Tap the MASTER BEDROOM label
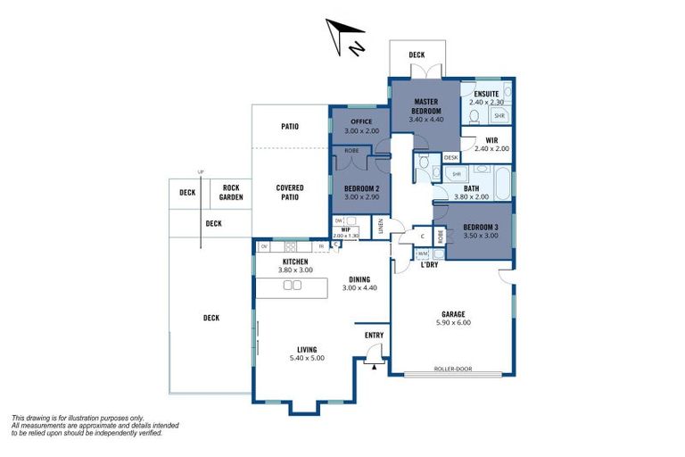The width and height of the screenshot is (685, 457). point(425,106)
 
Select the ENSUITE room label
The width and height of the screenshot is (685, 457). point(486,94)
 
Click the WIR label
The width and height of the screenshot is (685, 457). point(491,140)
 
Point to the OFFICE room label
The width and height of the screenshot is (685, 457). point(360,121)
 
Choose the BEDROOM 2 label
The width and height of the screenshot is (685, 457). point(362,187)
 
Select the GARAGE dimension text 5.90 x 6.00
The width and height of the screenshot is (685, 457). point(455,322)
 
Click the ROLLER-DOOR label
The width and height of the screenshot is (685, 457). point(452,368)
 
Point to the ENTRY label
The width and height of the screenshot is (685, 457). point(375,335)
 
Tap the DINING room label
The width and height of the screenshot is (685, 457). point(360,279)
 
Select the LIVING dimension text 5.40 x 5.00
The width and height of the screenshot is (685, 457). point(307,358)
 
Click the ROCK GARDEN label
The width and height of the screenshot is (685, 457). point(231,193)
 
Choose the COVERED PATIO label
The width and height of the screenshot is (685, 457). point(290,192)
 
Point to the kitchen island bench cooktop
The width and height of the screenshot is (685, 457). point(291,286)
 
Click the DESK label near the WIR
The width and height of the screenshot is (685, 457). point(450,157)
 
